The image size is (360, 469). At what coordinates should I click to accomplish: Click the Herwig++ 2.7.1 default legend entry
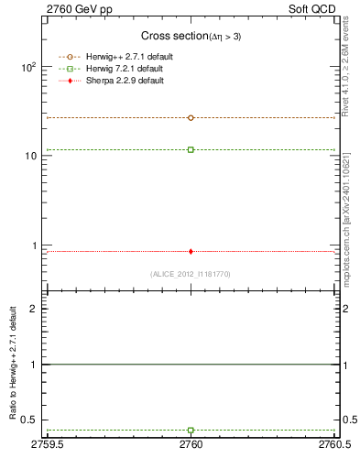point(127,56)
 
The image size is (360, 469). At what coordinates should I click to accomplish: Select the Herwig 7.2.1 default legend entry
point(125,69)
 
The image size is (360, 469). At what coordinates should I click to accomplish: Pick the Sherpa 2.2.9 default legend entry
point(124,81)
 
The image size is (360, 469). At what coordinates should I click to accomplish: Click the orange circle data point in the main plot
point(191,118)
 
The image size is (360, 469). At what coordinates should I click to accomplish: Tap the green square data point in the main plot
point(191,149)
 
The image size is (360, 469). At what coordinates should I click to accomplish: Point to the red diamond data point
point(191,251)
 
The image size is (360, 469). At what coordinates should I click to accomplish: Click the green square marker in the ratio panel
point(191,430)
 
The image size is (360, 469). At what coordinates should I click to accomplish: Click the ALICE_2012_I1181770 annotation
point(191,274)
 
